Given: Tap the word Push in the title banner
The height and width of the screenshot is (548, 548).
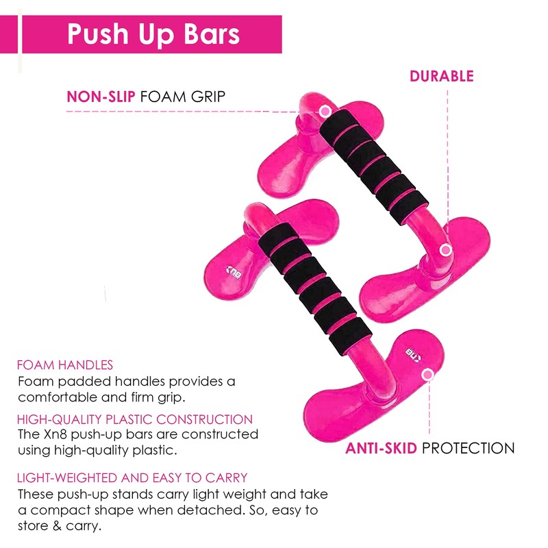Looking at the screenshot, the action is click(x=97, y=34).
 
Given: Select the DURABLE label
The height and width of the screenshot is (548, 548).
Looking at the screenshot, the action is click(x=441, y=76).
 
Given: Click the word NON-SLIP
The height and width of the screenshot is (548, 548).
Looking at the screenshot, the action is click(x=101, y=97).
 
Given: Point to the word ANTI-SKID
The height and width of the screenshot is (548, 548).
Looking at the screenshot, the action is click(x=382, y=449).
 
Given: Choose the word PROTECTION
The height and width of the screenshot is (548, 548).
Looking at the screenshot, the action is click(x=467, y=449).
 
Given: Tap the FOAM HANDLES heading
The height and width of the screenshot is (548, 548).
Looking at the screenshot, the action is click(x=65, y=365).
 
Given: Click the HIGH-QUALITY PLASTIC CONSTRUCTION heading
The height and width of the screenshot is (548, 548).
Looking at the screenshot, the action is click(x=135, y=419).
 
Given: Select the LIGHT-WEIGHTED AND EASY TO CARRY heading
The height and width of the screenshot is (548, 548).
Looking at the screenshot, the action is click(x=132, y=477).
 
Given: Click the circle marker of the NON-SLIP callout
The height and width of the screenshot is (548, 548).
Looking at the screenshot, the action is click(x=325, y=110).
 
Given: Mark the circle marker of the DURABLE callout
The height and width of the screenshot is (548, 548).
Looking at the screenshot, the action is click(x=445, y=250).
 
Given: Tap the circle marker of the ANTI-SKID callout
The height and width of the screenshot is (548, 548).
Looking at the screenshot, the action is click(x=429, y=375).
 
